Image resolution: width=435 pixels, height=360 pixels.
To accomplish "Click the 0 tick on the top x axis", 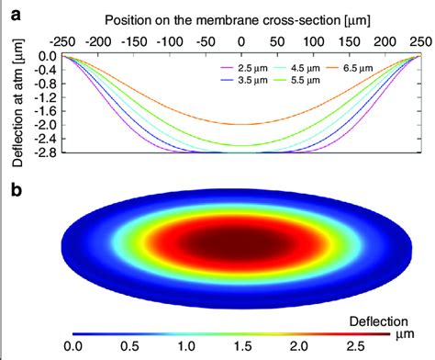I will (x=240, y=40).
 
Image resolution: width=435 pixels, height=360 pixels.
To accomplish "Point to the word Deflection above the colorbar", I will (x=382, y=321).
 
